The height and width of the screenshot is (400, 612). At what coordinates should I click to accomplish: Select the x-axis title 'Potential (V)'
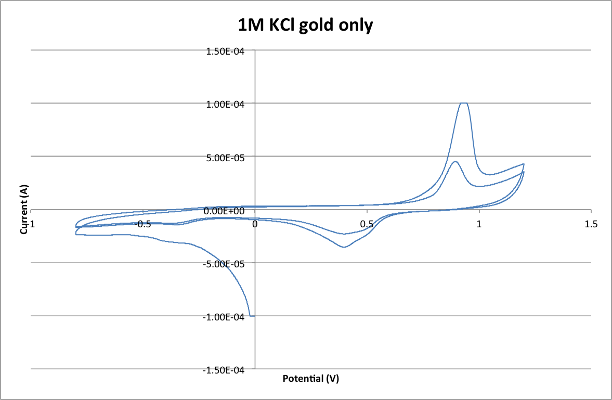coord(310,378)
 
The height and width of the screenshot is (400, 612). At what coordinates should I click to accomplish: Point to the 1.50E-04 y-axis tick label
coord(226,51)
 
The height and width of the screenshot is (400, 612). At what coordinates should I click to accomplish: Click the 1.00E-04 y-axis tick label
coord(226,104)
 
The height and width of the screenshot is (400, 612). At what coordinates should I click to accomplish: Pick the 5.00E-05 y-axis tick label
coord(226,157)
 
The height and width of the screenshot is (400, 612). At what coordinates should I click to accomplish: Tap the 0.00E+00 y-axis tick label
coord(226,211)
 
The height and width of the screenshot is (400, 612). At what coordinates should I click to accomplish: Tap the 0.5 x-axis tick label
coord(367,224)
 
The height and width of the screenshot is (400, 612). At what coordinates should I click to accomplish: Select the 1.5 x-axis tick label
coord(591,224)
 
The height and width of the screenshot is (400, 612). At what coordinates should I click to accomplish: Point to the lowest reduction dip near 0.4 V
coord(344,247)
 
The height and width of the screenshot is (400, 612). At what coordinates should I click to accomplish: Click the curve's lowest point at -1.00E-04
coord(252,316)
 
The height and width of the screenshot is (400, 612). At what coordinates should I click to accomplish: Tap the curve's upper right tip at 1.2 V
coord(523,164)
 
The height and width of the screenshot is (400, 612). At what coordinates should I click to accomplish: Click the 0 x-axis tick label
coord(255,224)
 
